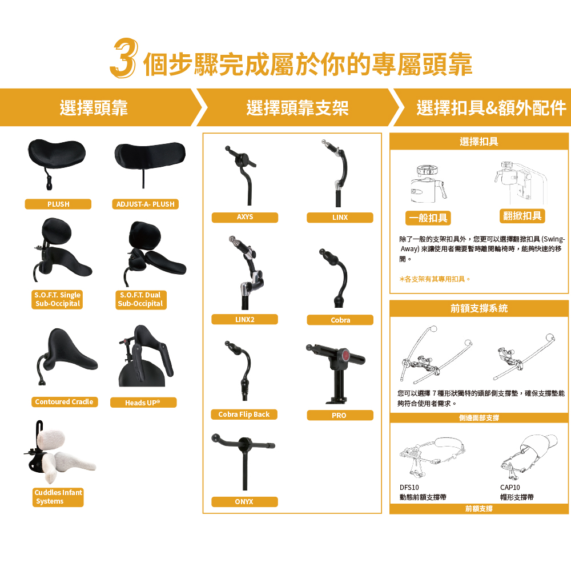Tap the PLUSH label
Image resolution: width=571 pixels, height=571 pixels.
58,204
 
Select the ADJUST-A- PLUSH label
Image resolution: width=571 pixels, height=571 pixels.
145,204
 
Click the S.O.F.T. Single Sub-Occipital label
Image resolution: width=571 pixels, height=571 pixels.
58,299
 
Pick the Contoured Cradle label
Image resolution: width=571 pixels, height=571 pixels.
64,402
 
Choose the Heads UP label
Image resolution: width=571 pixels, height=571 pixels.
143,403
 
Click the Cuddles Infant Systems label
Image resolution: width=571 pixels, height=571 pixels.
58,497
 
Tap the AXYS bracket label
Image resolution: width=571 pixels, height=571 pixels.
244,218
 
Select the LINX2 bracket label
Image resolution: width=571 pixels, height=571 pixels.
244,319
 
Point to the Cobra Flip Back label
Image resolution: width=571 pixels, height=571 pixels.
244,415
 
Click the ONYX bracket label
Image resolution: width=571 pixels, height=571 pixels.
244,502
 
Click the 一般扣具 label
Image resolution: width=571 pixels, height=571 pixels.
428,218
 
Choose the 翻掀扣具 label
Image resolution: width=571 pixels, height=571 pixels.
522,216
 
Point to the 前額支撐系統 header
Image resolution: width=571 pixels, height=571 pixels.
478,308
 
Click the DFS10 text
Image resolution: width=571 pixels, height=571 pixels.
409,488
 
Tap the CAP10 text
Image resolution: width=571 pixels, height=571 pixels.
510,488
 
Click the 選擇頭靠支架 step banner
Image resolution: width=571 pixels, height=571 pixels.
297,108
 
